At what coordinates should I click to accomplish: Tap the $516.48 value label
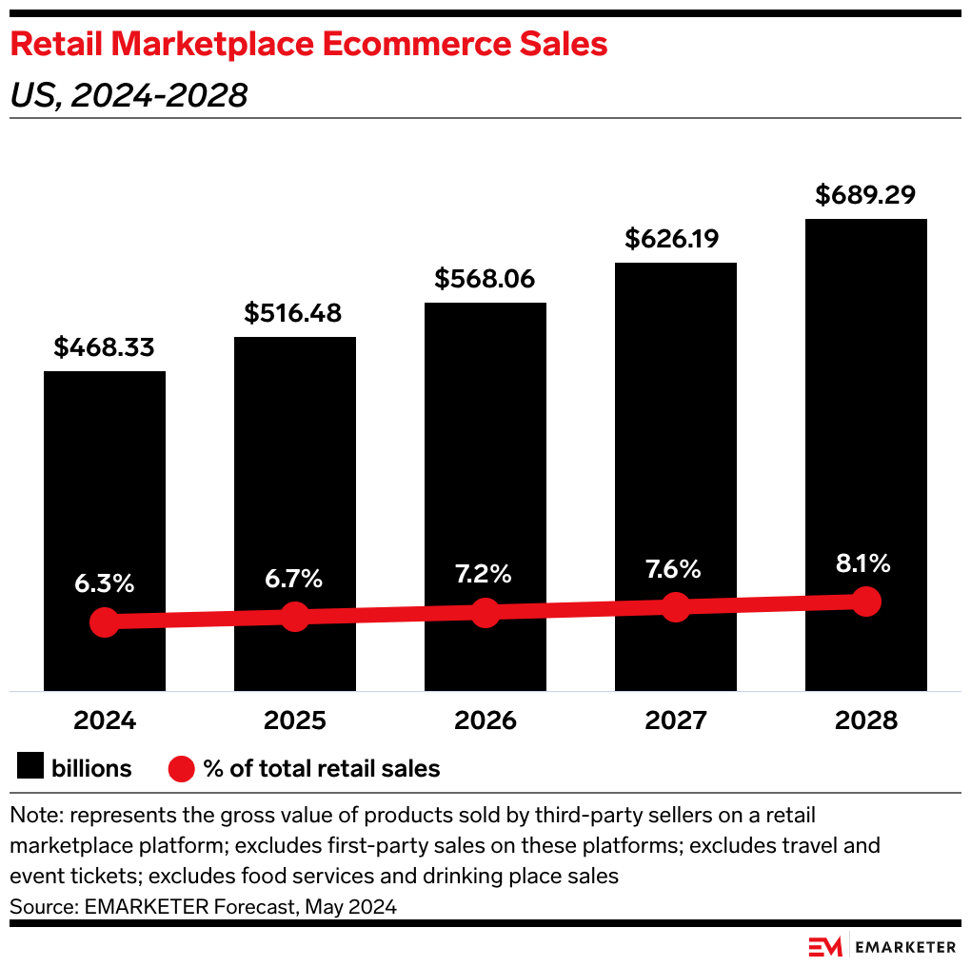(294, 313)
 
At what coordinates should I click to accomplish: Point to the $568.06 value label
(485, 279)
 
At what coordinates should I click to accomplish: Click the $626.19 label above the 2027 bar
(675, 238)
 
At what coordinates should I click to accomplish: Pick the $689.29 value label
(865, 195)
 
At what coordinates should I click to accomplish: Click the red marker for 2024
(105, 622)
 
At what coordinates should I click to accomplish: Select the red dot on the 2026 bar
(485, 612)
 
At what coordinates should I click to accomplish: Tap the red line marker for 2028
(865, 602)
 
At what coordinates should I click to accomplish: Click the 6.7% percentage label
(294, 579)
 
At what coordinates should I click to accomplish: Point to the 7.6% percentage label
(675, 569)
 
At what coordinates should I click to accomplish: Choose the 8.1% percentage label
(865, 562)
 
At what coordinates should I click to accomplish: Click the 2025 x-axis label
(294, 720)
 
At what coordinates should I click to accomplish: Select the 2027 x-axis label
(675, 720)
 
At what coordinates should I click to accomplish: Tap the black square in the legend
(30, 768)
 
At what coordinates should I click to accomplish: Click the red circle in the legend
(181, 768)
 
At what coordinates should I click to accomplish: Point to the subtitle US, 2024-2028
(129, 95)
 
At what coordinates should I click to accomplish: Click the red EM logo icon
(825, 946)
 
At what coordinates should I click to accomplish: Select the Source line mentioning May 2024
(203, 906)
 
